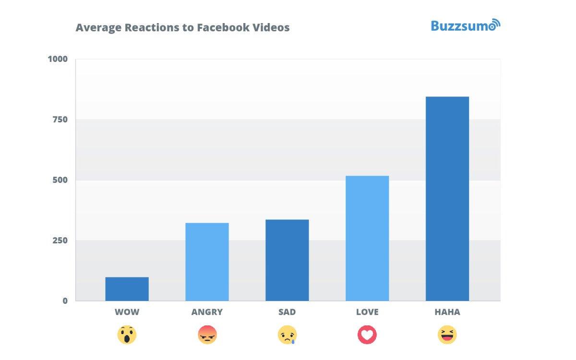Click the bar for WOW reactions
point(127,289)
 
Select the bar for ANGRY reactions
point(207,262)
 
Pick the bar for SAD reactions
point(287,260)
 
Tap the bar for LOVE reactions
point(367,238)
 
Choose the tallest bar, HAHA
point(447,199)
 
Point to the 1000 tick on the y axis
point(58,59)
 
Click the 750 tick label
point(60,120)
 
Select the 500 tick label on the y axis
point(60,180)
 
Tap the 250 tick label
point(60,240)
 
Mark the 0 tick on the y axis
point(65,301)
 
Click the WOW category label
point(127,312)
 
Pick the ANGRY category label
point(207,312)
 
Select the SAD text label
point(287,312)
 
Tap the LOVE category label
point(367,312)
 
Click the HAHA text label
point(447,312)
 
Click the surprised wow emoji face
point(127,335)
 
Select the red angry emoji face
point(207,335)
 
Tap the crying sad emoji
point(287,335)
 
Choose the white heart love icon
point(367,335)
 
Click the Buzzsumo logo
point(465,26)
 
